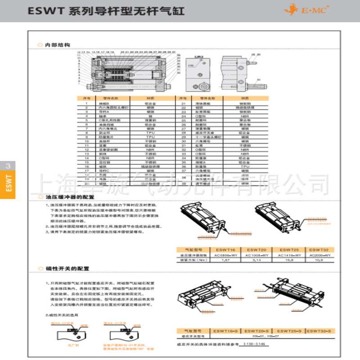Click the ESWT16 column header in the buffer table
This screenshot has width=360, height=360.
tap(225, 249)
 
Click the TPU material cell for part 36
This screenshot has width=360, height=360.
tap(244, 166)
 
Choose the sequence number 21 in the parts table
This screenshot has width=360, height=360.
tap(184, 103)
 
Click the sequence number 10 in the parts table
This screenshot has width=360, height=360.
tap(86, 141)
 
